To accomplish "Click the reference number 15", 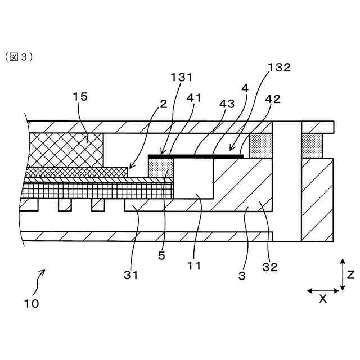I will point(80,97).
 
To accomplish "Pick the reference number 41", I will point(194,98).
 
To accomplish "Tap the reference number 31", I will point(130,275).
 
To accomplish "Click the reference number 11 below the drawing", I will point(194,265).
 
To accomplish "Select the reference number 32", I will point(270,268).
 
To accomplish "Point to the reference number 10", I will point(31,303).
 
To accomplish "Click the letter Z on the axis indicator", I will point(350,275).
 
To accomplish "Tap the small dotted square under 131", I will point(160,168).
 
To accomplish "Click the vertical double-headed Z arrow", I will point(343,275).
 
